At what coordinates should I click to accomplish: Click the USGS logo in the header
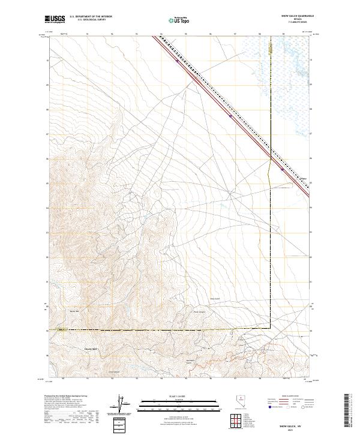click(55, 20)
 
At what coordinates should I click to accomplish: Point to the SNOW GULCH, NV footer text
click(291, 424)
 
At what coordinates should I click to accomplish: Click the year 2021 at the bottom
click(291, 428)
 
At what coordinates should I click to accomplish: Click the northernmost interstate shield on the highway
click(176, 60)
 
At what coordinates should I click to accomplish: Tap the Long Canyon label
click(115, 371)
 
